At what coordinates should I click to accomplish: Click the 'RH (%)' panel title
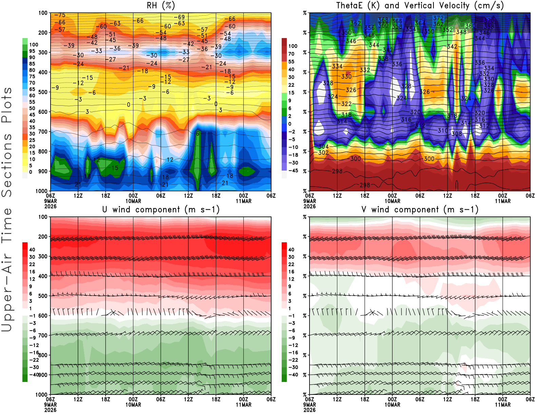tap(161, 6)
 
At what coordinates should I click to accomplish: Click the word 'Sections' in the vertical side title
tap(7, 165)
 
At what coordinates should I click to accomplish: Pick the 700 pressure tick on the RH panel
tap(43, 132)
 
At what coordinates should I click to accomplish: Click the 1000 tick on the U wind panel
tap(41, 395)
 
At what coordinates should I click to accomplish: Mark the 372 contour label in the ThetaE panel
tap(438, 18)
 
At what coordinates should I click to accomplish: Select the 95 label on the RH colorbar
tap(32, 51)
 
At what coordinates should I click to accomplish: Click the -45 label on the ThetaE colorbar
tap(293, 171)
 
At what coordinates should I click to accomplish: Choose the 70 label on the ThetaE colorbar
tap(291, 54)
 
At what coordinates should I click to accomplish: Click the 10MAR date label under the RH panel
tap(133, 201)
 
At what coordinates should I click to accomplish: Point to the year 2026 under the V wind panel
tap(310, 410)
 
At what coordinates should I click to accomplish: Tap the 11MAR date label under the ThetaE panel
tap(503, 201)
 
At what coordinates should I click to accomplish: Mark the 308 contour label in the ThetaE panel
tap(456, 134)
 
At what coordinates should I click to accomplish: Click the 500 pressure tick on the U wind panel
tap(43, 296)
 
